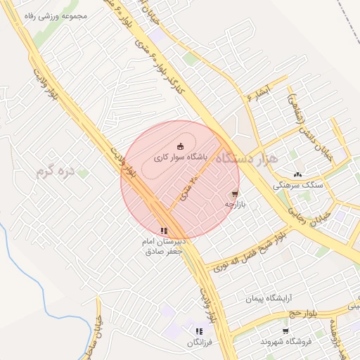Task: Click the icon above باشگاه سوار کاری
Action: coord(181,146)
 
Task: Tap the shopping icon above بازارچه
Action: coord(235,193)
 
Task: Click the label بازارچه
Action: coord(233,204)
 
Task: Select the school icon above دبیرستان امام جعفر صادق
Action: coord(164,230)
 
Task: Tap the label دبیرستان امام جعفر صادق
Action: coord(163,245)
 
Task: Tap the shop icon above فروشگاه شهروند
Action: coord(285,330)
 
